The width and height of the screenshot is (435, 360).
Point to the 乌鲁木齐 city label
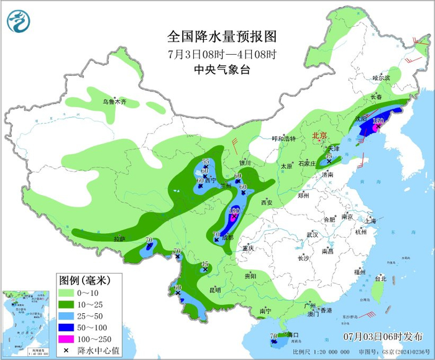coord(114,101)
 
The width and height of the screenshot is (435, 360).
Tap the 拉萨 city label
coord(119,239)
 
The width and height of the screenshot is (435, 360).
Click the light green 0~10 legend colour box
coord(73,292)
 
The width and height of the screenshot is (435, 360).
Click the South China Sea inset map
coord(27,324)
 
